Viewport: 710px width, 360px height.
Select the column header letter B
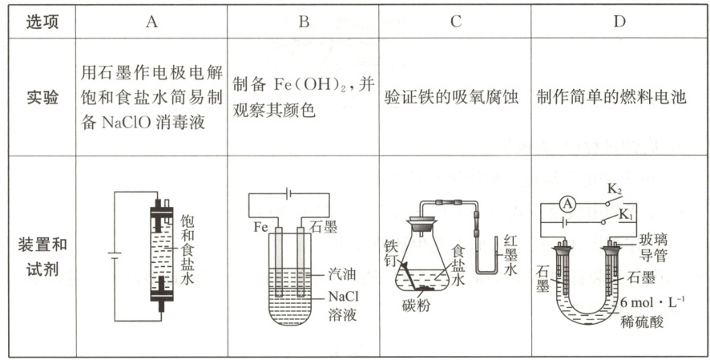click(304, 21)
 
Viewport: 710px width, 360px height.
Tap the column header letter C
click(455, 21)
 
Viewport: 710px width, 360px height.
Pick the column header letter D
click(619, 21)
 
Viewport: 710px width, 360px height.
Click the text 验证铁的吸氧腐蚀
click(453, 98)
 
